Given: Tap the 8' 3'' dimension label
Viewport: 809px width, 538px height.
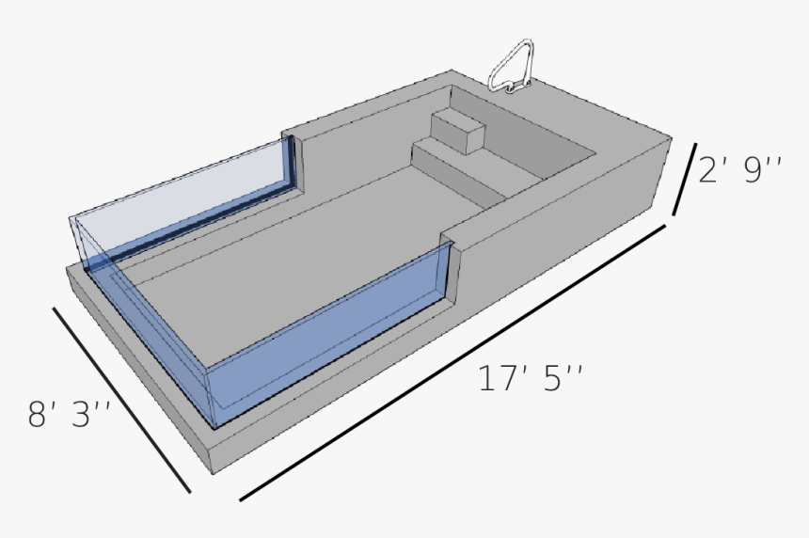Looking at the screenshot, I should (x=71, y=415).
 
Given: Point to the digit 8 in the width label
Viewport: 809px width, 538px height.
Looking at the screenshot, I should (x=38, y=415).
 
